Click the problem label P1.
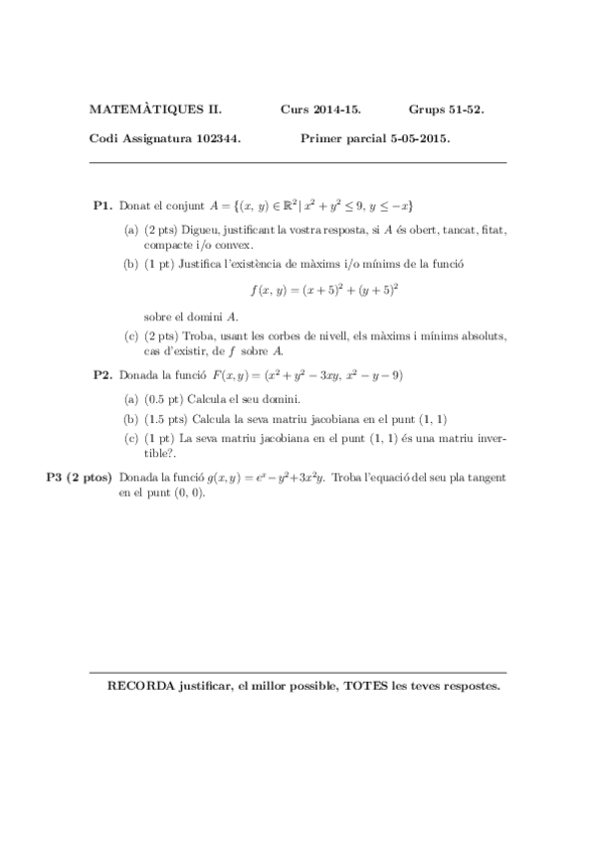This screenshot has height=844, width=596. (102, 205)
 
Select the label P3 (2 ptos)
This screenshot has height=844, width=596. (80, 478)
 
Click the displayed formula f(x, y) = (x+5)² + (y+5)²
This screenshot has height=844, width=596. (324, 290)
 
